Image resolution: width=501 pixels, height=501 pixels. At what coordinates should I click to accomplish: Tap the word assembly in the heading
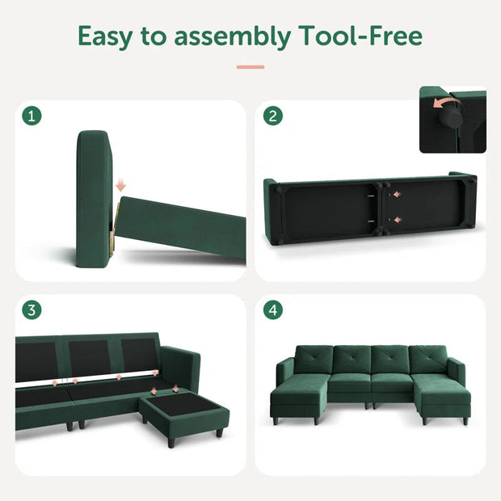click(225, 38)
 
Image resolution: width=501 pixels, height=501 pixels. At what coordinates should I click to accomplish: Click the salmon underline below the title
click(250, 67)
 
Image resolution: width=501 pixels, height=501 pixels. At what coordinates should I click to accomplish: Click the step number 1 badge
click(32, 116)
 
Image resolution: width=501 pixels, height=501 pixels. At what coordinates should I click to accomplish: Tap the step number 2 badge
click(273, 116)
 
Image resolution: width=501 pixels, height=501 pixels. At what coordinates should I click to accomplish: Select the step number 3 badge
click(32, 310)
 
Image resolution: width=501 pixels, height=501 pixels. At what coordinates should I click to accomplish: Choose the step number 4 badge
click(273, 310)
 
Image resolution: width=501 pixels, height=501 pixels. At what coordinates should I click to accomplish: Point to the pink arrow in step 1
click(121, 187)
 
